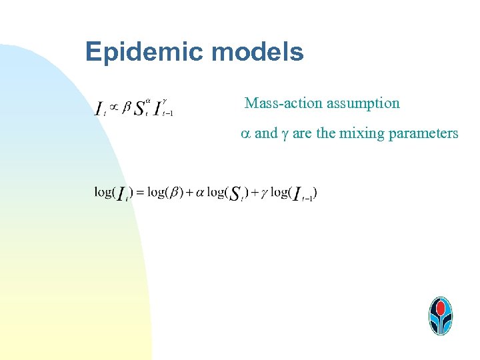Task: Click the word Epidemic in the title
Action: [x=137, y=52]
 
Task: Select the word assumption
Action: [x=363, y=103]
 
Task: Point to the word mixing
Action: [x=361, y=133]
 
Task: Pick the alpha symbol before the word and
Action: [x=245, y=134]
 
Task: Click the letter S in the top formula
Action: [x=140, y=107]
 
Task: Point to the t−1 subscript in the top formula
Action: [x=168, y=114]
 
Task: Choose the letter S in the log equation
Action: [x=235, y=193]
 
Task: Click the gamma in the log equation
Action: [x=264, y=193]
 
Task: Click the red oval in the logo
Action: [x=440, y=307]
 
